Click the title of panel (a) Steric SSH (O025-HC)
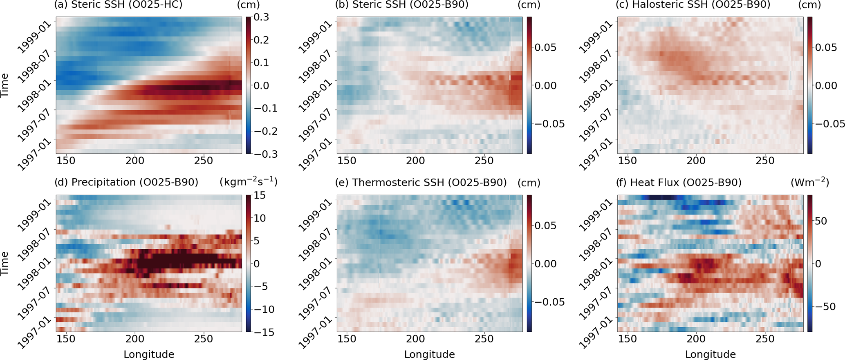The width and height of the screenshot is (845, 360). tap(118, 5)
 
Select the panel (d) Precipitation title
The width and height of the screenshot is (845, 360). tap(126, 182)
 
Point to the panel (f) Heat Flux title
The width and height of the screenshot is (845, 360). tap(679, 182)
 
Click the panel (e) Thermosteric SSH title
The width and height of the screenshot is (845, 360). tap(421, 182)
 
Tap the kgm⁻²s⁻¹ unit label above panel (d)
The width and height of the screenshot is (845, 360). tap(249, 181)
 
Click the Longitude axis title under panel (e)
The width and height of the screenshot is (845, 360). tap(429, 354)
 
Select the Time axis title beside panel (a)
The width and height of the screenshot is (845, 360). tap(5, 85)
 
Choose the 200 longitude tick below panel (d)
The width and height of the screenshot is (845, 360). tap(135, 339)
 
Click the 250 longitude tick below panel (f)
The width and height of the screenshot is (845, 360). tap(765, 339)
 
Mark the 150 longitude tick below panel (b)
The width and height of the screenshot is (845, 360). tap(347, 161)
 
